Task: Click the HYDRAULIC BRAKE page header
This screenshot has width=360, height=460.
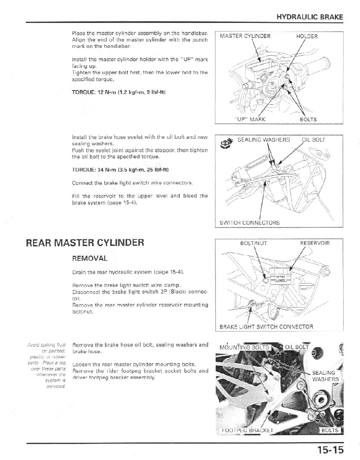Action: click(310, 17)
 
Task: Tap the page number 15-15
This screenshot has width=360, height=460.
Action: click(330, 450)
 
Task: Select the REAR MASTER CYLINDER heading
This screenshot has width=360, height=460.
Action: click(85, 243)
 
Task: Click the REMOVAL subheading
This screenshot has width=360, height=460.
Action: click(90, 259)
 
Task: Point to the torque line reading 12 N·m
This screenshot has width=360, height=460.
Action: click(119, 92)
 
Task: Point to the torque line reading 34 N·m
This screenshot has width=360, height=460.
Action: click(120, 169)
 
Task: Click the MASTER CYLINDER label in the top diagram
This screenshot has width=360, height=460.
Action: click(245, 36)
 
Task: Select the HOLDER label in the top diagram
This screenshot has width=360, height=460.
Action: click(307, 36)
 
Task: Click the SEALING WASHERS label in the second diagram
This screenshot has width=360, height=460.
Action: click(264, 140)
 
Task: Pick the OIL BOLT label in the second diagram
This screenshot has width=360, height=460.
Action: click(314, 140)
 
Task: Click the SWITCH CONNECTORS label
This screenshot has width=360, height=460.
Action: click(250, 223)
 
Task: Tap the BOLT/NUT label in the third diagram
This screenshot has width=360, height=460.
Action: click(254, 243)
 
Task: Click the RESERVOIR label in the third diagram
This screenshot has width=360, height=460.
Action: click(315, 243)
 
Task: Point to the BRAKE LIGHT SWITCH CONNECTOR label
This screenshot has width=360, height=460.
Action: click(267, 327)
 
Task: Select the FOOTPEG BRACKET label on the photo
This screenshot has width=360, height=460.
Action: click(247, 431)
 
